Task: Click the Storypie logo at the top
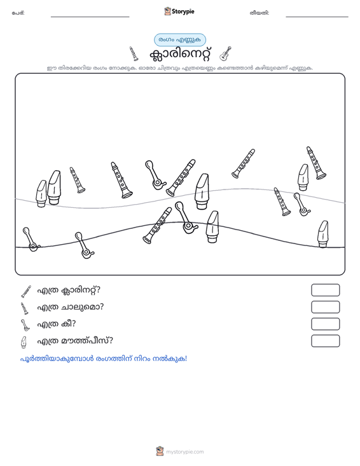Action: [179, 11]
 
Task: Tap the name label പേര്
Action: [18, 13]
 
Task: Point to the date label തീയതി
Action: [260, 13]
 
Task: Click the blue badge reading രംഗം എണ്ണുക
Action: [180, 40]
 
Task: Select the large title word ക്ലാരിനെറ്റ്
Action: [181, 54]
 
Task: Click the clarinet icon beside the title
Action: [134, 54]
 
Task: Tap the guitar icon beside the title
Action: [225, 53]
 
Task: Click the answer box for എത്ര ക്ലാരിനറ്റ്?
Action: [325, 290]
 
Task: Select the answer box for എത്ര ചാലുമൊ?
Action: [325, 307]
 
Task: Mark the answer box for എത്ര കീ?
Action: [325, 324]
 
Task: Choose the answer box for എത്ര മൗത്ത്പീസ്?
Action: [325, 341]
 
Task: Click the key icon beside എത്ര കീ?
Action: [25, 325]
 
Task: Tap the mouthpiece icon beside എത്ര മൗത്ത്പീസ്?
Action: [24, 342]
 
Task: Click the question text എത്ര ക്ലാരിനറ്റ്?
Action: [69, 290]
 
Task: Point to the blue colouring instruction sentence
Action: [104, 359]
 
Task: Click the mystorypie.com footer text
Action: [184, 452]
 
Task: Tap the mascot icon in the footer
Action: [160, 451]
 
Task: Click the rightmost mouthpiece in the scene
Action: [323, 234]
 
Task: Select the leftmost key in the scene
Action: [31, 240]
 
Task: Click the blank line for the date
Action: [317, 17]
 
